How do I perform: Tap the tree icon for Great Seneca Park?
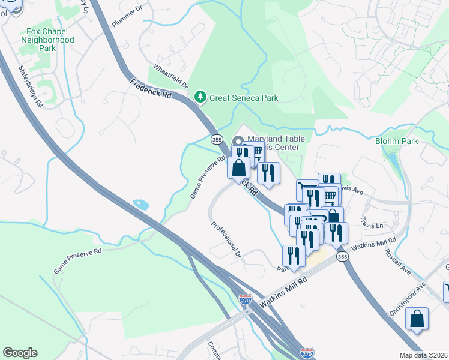pyautogui.click(x=199, y=96)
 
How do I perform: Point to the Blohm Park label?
pyautogui.click(x=396, y=141)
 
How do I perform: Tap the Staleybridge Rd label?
pyautogui.click(x=31, y=86)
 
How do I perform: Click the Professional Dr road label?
pyautogui.click(x=226, y=239)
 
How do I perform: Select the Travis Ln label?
pyautogui.click(x=371, y=226)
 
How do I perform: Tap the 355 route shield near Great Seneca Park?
pyautogui.click(x=218, y=139)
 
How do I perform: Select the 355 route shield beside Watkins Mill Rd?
pyautogui.click(x=342, y=257)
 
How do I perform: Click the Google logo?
pyautogui.click(x=20, y=353)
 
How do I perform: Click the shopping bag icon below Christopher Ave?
pyautogui.click(x=417, y=319)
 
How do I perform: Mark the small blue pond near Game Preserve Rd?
pyautogui.click(x=142, y=205)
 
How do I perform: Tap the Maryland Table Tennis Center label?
pyautogui.click(x=276, y=143)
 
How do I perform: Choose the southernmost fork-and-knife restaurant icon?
pyautogui.click(x=294, y=255)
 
